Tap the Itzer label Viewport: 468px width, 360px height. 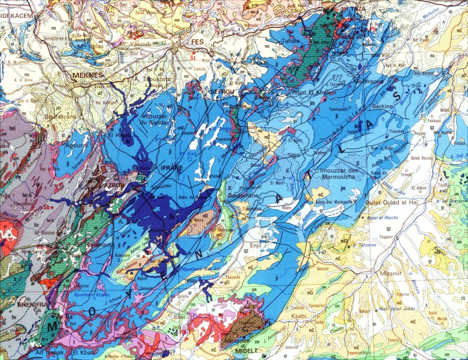pos(180,317)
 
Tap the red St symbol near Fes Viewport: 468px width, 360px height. pos(192,58)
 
